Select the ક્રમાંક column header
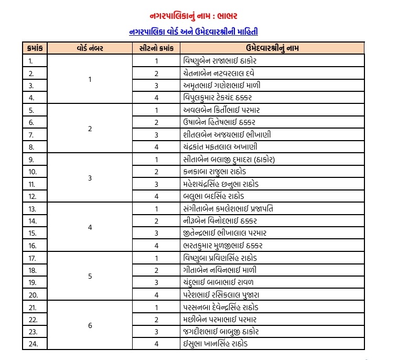tap(35, 49)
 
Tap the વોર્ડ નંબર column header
tap(90, 49)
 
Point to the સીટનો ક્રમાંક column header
tap(156, 49)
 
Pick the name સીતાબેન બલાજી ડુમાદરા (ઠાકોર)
tap(229, 160)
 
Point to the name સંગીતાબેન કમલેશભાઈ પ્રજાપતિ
tap(229, 209)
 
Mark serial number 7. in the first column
tap(30, 135)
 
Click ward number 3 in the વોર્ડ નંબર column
tap(90, 178)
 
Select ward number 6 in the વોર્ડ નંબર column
tap(90, 326)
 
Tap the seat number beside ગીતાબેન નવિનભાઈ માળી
tap(156, 270)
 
